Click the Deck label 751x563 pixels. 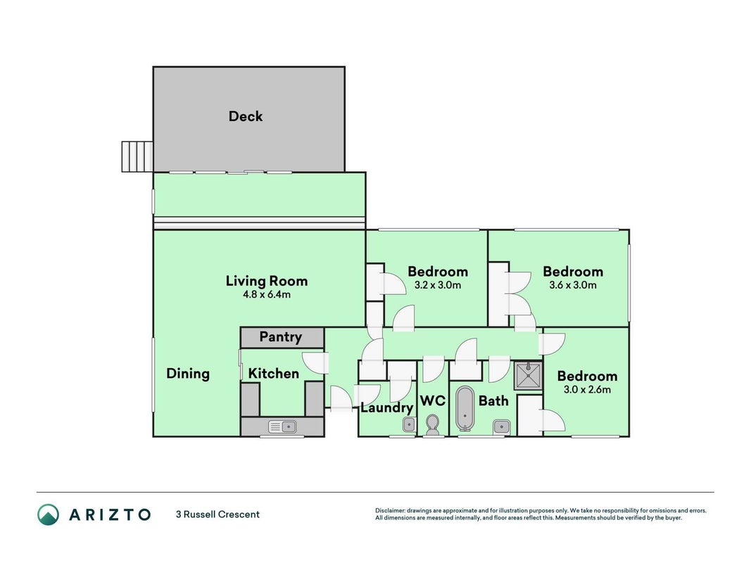246,116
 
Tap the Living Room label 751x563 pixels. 267,281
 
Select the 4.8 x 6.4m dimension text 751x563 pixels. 267,294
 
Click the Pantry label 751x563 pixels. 281,337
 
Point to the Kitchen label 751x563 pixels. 274,374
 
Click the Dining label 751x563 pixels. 188,374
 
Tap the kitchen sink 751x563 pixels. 282,426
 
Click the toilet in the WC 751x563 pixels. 432,425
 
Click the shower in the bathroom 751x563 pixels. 529,376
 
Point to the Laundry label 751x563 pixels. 387,408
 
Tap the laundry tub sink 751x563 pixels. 408,424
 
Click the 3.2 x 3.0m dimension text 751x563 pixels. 438,285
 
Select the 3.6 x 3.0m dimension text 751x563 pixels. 573,285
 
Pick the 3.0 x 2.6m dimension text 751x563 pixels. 587,390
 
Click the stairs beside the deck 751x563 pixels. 137,156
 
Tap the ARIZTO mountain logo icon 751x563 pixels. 49,514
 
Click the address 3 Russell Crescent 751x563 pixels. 218,514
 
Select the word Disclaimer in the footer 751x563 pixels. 390,511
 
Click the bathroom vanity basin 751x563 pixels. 501,426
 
